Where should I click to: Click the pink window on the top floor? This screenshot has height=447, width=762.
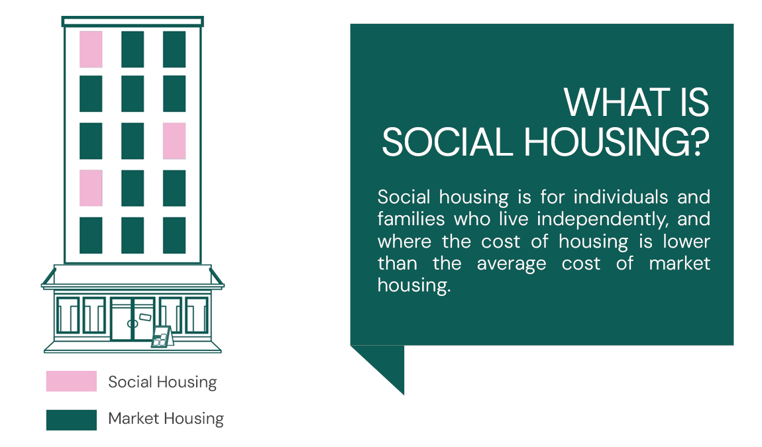pyautogui.click(x=91, y=49)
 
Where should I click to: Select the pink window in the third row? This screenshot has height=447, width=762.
pyautogui.click(x=174, y=141)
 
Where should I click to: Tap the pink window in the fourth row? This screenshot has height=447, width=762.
pyautogui.click(x=91, y=188)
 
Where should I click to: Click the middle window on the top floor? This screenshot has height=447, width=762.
pyautogui.click(x=133, y=49)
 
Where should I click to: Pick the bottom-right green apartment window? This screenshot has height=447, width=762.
pyautogui.click(x=174, y=235)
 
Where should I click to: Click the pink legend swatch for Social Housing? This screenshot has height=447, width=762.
pyautogui.click(x=72, y=381)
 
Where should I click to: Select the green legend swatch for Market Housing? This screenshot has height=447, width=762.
pyautogui.click(x=72, y=420)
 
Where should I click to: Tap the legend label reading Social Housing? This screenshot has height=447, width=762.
pyautogui.click(x=162, y=382)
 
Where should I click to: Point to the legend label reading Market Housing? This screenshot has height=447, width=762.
pyautogui.click(x=166, y=419)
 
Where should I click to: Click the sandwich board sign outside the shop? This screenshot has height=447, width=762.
pyautogui.click(x=160, y=337)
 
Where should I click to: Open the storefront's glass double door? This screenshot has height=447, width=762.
pyautogui.click(x=133, y=320)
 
